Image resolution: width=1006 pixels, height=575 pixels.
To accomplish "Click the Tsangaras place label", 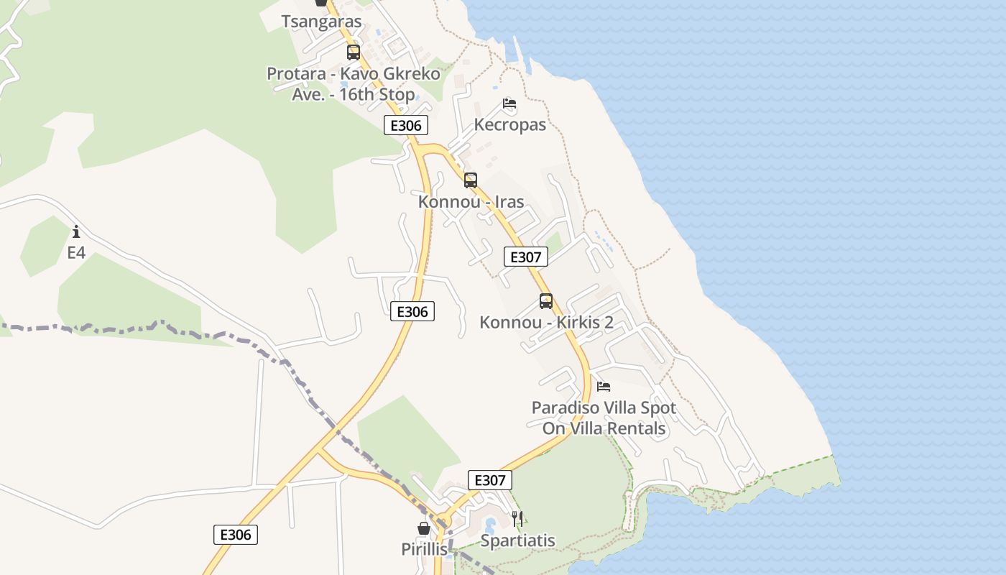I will click(321, 22).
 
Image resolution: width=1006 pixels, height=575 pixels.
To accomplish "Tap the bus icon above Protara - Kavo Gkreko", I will click(353, 52).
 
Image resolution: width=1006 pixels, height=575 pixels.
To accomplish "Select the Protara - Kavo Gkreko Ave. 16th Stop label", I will click(353, 84).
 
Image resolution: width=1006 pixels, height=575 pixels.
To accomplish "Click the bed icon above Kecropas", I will click(509, 104).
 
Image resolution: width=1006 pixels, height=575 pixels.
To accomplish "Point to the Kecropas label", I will click(509, 124).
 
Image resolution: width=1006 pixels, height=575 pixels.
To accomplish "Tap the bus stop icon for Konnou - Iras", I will click(471, 180).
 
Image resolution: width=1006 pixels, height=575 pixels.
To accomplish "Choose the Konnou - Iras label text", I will click(471, 201).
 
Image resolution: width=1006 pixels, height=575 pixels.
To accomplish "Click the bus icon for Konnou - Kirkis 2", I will click(546, 301).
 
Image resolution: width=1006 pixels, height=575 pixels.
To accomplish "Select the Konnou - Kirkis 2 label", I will click(546, 322).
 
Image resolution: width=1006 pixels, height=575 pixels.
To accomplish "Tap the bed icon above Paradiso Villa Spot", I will click(604, 387).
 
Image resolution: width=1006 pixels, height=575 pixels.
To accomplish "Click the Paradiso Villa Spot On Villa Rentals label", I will click(604, 418).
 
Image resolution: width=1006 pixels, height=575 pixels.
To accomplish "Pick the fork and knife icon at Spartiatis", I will click(517, 518).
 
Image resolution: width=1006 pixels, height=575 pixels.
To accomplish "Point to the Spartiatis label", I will click(517, 540).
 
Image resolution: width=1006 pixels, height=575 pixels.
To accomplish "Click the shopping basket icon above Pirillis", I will click(424, 528).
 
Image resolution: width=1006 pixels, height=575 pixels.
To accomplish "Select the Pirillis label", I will click(424, 549).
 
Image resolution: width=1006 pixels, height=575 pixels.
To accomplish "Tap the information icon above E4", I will click(76, 231).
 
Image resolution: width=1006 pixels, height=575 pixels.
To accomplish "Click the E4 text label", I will click(76, 252).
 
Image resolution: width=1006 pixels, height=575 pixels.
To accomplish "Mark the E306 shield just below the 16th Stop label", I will click(406, 126).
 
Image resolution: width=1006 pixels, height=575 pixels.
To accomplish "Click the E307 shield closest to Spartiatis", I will click(490, 480).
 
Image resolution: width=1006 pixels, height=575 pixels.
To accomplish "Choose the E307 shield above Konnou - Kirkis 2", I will click(526, 257).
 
